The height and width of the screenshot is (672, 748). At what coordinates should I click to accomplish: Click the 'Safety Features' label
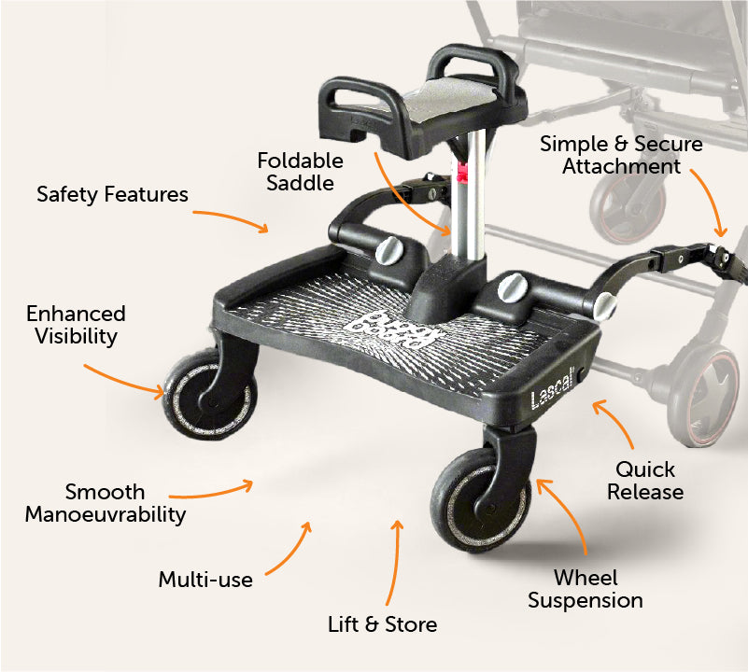click(x=113, y=194)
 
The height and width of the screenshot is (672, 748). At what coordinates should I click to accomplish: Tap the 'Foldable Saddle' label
click(x=300, y=172)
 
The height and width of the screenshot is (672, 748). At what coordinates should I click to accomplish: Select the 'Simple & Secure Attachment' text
click(x=621, y=155)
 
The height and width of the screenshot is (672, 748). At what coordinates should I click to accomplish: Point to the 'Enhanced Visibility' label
click(x=77, y=325)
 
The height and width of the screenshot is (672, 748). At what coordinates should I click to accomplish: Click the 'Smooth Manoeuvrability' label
click(x=106, y=503)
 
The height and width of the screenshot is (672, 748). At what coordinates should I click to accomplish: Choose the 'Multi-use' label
click(x=205, y=580)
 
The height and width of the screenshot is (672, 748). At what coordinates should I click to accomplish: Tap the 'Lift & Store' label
click(x=383, y=624)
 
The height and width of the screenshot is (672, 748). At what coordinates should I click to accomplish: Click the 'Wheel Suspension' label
click(x=586, y=589)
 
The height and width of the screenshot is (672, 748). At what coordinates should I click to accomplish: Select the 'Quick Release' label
click(x=645, y=481)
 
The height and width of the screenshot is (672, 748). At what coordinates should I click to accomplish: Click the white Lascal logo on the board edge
click(x=552, y=392)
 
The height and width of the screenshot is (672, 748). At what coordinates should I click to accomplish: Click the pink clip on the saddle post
click(x=461, y=172)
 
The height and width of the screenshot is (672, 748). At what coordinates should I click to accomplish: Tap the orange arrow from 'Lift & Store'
click(x=395, y=563)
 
